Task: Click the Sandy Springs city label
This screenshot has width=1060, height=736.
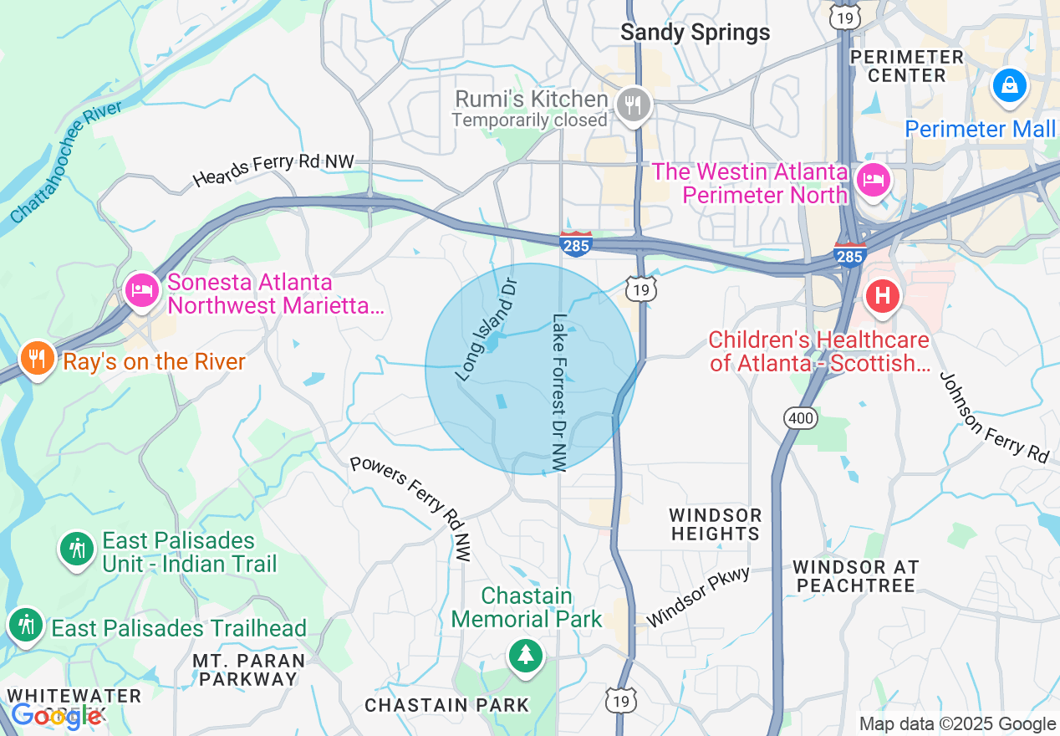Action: [x=695, y=33]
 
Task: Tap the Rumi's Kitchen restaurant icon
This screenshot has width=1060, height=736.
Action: [x=634, y=105]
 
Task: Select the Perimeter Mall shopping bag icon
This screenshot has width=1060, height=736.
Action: [x=1009, y=85]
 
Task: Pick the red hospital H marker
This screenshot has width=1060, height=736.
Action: [x=882, y=296]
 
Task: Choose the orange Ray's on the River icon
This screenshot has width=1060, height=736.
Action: [x=36, y=359]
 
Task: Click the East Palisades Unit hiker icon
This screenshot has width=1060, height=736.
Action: [x=77, y=549]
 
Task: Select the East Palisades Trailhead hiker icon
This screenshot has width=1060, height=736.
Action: [x=26, y=625]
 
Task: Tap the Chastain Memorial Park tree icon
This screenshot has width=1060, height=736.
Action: [x=525, y=654]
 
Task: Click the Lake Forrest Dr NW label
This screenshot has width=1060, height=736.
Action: [x=559, y=392]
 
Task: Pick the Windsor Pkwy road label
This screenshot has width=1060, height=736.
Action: [x=698, y=595]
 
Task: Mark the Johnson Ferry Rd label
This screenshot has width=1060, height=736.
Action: [x=993, y=417]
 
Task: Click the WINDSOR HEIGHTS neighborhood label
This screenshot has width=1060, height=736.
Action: [x=715, y=524]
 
